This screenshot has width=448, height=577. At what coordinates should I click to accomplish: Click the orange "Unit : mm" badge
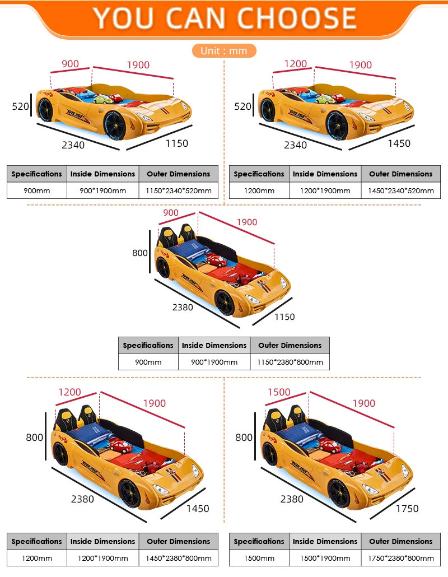click(x=224, y=51)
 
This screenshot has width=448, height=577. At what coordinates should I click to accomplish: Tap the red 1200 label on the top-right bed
click(x=295, y=64)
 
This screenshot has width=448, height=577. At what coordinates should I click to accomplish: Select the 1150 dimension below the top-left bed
click(x=176, y=143)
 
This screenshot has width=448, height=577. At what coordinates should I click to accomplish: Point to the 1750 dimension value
click(x=407, y=509)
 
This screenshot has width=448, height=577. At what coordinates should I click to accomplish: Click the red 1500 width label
click(x=279, y=392)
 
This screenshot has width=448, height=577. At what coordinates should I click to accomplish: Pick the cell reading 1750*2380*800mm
click(x=401, y=558)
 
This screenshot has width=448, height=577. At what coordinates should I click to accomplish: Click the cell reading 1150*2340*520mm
click(x=178, y=190)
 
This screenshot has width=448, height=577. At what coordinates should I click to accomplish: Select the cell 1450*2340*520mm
click(x=401, y=190)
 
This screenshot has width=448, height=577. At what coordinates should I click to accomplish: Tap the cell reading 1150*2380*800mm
click(x=290, y=362)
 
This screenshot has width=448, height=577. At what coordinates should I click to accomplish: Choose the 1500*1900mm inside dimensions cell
click(x=325, y=558)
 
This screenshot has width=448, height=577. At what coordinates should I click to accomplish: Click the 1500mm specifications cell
click(x=259, y=558)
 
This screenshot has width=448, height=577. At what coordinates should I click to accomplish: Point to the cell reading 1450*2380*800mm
click(x=178, y=558)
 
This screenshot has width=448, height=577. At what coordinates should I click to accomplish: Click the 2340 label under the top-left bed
click(x=73, y=145)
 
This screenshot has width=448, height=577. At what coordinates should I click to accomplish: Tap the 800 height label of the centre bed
click(x=140, y=253)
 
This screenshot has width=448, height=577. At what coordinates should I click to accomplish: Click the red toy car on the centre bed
click(x=216, y=260)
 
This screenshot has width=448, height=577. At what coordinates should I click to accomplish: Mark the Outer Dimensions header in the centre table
click(x=290, y=345)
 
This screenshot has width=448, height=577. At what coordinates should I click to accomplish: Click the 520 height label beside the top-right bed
click(x=243, y=106)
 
